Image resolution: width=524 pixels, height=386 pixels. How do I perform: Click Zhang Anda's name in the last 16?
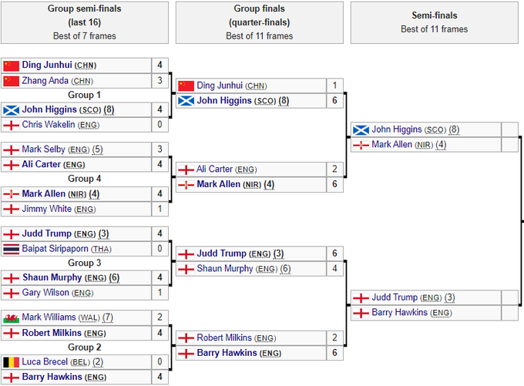[45, 81]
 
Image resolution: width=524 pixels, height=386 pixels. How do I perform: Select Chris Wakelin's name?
[49, 125]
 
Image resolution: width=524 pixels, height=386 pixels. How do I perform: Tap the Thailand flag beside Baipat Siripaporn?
[11, 249]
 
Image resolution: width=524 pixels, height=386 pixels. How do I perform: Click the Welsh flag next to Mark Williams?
[11, 317]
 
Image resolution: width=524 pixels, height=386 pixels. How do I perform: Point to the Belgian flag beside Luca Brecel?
[11, 361]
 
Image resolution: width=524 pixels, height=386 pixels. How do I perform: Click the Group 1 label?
[84, 95]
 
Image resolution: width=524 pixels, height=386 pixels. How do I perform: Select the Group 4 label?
[84, 179]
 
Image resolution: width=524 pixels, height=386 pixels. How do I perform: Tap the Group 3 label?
[84, 263]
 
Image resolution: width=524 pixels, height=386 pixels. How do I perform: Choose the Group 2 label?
[84, 347]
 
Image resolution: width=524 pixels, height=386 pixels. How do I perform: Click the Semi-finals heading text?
[434, 15]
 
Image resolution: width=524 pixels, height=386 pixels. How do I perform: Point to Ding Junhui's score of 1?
[334, 86]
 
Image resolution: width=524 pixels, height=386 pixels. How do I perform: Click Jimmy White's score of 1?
[160, 209]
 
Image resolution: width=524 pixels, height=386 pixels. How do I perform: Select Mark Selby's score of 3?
[160, 149]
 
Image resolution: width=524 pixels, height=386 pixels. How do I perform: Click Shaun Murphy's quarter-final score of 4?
[334, 269]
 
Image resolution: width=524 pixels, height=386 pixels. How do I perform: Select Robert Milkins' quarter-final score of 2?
[334, 337]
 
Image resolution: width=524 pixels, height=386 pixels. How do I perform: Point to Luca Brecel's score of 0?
[160, 361]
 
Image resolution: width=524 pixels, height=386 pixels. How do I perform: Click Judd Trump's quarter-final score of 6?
[334, 253]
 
